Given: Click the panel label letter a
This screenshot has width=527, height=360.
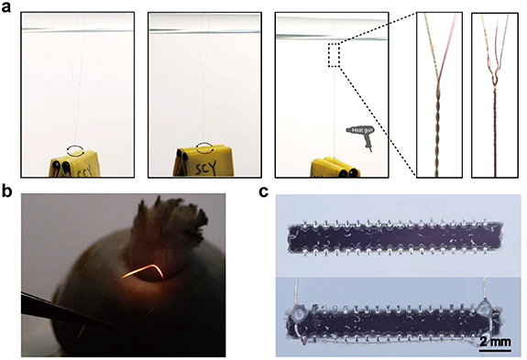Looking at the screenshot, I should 8,6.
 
